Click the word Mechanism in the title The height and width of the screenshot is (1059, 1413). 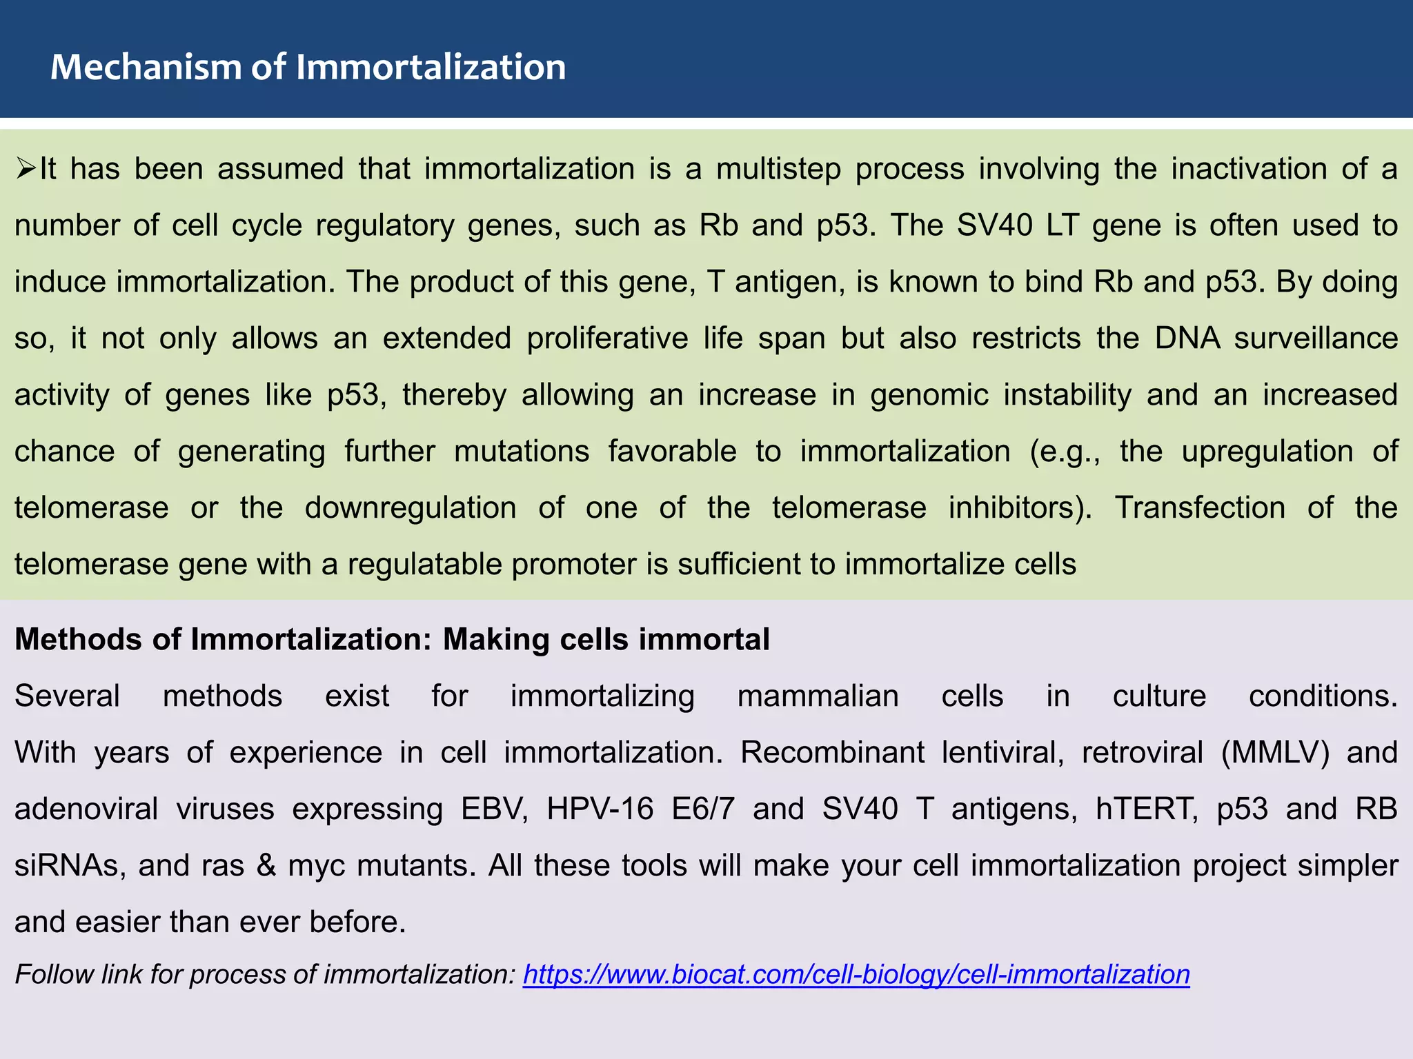pyautogui.click(x=145, y=68)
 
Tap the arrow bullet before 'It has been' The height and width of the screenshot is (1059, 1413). pyautogui.click(x=26, y=168)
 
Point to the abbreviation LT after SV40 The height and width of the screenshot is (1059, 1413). pyautogui.click(x=1062, y=225)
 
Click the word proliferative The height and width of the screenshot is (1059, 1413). pyautogui.click(x=607, y=339)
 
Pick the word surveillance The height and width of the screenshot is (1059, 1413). pyautogui.click(x=1316, y=339)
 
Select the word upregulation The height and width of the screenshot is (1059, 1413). pyautogui.click(x=1267, y=452)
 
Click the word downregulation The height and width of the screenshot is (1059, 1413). pyautogui.click(x=411, y=508)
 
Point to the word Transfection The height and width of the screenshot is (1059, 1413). pyautogui.click(x=1200, y=508)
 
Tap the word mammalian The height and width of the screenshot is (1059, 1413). pyautogui.click(x=818, y=696)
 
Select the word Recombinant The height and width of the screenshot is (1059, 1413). pyautogui.click(x=832, y=752)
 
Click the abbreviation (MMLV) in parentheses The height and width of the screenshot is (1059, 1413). pyautogui.click(x=1274, y=752)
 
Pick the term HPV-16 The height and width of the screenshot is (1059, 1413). pyautogui.click(x=600, y=809)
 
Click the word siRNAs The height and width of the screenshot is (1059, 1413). pyautogui.click(x=70, y=865)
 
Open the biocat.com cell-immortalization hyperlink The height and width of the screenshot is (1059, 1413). pyautogui.click(x=856, y=974)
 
